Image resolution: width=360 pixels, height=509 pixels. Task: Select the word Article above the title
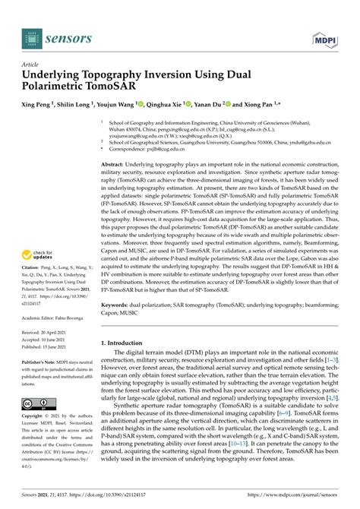click(x=30, y=65)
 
